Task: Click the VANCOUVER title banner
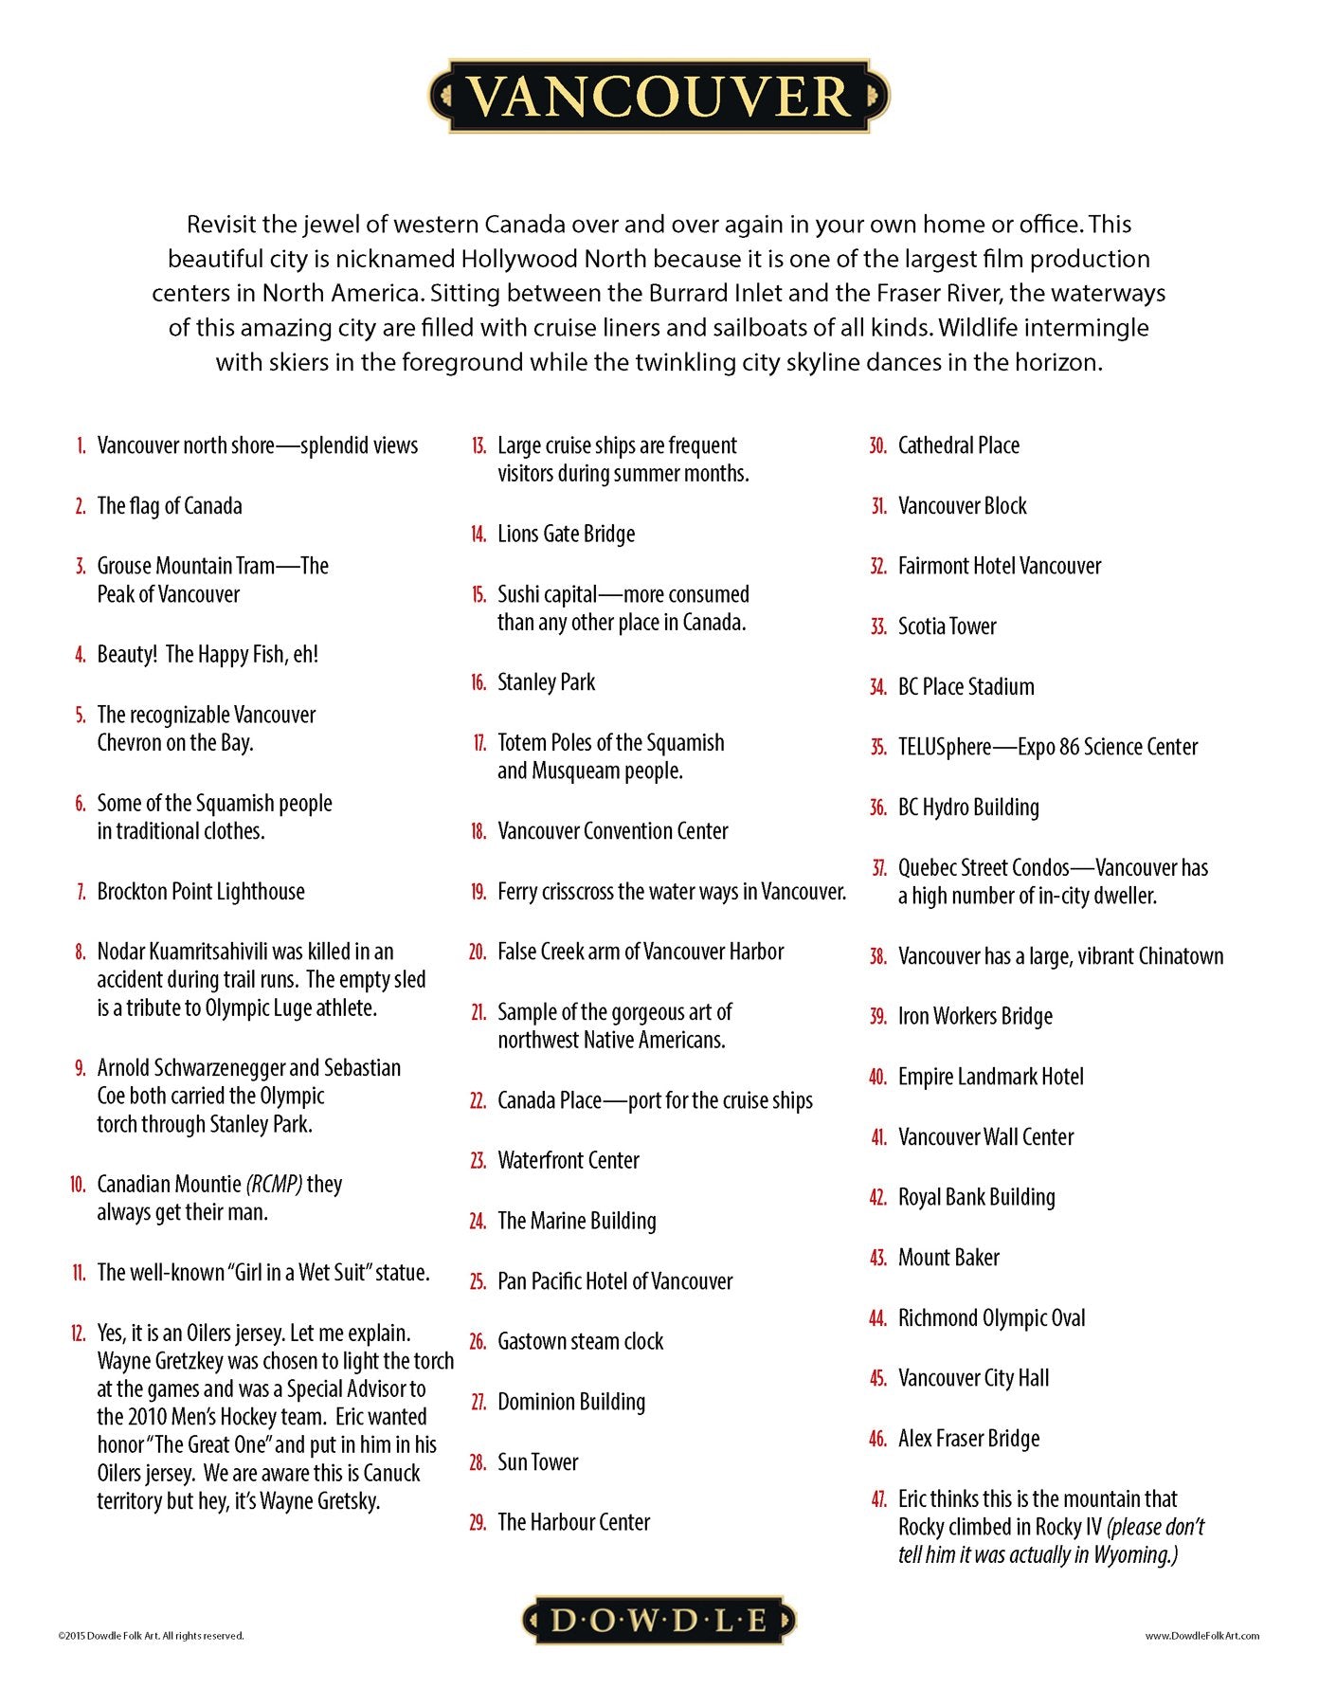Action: click(659, 96)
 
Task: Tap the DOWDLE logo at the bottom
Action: click(659, 1620)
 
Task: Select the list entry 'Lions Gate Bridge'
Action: click(566, 535)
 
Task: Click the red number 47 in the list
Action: click(878, 1499)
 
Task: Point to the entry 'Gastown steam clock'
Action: click(580, 1342)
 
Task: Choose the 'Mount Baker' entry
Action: click(948, 1258)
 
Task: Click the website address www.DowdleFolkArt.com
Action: click(1201, 1635)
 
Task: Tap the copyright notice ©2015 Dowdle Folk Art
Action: click(151, 1635)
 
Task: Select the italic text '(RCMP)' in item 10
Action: click(274, 1185)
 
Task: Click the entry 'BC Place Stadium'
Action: click(966, 687)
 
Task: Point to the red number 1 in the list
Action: click(81, 446)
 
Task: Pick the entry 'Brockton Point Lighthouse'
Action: click(201, 892)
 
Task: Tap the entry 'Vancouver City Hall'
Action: click(973, 1378)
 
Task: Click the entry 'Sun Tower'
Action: click(537, 1462)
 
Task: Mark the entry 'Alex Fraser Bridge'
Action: click(968, 1439)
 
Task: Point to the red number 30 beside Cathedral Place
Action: click(878, 446)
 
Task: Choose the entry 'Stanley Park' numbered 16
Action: click(546, 682)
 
